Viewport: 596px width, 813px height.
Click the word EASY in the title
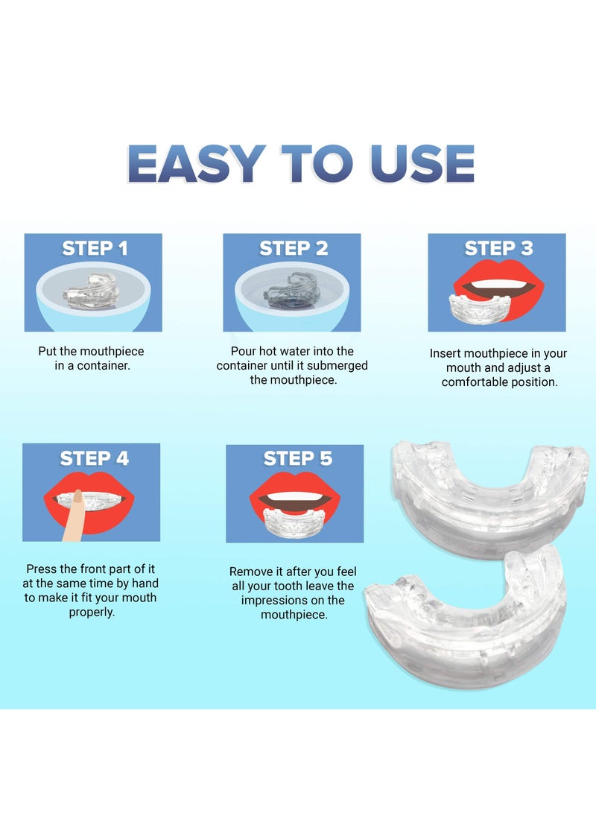196,163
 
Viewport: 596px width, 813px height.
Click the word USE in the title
421,163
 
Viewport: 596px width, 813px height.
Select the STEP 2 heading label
294,249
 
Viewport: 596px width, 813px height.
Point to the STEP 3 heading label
498,248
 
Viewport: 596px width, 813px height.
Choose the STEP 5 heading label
297,458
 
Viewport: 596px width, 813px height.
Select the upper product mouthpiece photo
488,488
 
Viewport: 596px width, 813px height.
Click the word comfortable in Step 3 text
472,382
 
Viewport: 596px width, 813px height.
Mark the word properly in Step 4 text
91,612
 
